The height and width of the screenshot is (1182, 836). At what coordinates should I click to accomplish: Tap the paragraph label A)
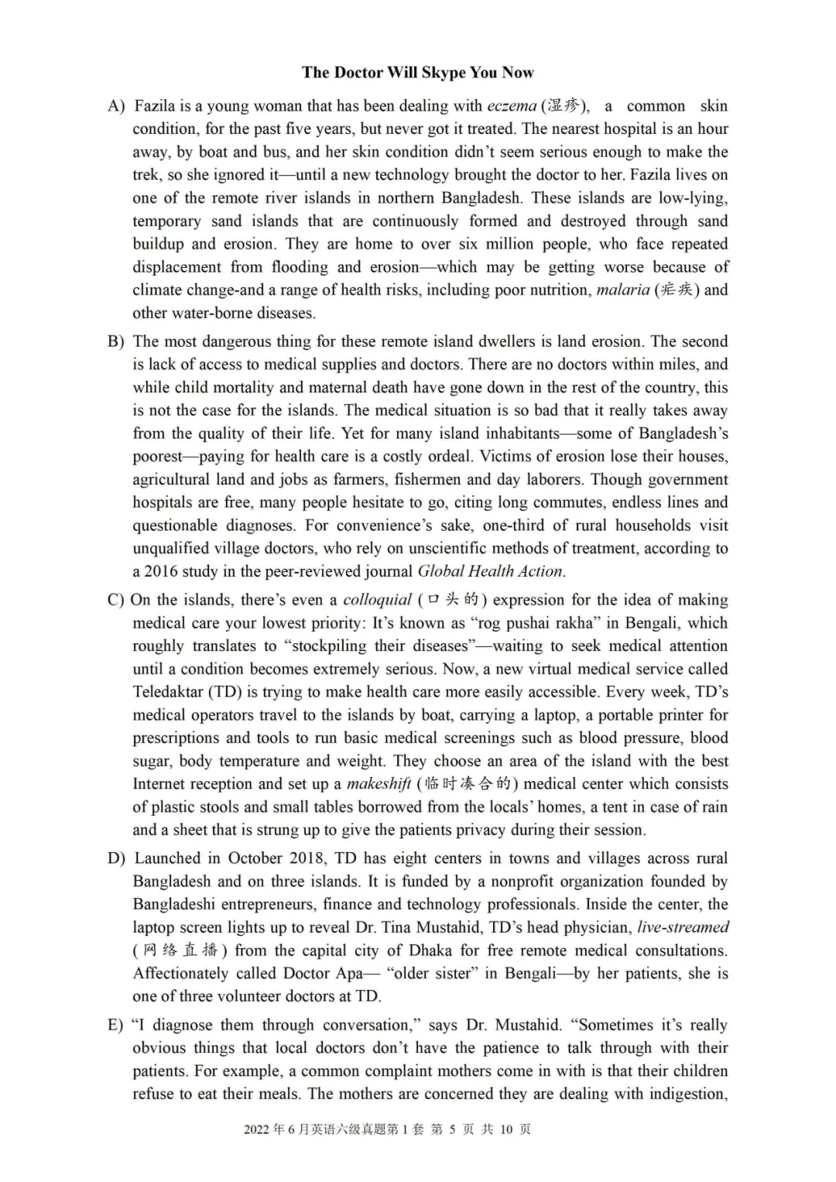[116, 106]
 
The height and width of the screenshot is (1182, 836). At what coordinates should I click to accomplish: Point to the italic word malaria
[622, 290]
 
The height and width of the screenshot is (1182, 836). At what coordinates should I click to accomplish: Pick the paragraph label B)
[116, 341]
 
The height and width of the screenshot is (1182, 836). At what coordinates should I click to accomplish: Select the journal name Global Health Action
[490, 572]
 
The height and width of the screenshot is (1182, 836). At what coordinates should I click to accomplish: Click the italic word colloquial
[377, 600]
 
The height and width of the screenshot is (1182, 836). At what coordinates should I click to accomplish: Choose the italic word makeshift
[379, 784]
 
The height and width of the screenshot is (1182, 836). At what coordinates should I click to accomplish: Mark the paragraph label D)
[116, 858]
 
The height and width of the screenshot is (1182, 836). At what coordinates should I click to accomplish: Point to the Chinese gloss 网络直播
[180, 951]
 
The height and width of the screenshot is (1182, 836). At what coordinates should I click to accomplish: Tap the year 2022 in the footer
[257, 1129]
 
